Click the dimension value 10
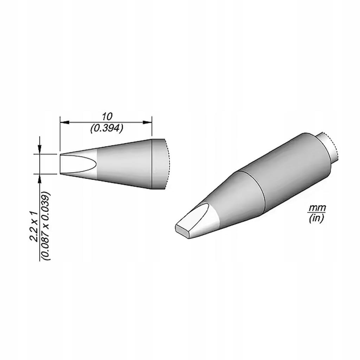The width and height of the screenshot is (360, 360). click(x=107, y=116)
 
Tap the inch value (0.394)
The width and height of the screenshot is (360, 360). click(x=107, y=129)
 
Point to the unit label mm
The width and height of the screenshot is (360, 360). click(x=317, y=208)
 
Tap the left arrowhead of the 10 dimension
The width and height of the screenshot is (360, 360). click(x=63, y=122)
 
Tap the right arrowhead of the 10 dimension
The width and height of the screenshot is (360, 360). click(x=148, y=122)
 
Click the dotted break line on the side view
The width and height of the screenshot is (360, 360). click(x=170, y=164)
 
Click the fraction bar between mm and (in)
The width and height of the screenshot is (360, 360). click(x=317, y=213)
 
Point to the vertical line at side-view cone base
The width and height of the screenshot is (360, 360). click(x=152, y=163)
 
